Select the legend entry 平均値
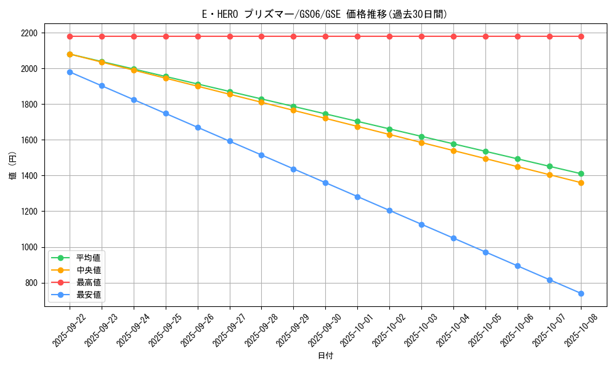88,257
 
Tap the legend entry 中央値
88,269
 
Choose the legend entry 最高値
88,282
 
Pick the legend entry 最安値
88,295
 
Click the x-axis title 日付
325,356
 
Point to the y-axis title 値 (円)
13,166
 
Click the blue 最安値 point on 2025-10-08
581,293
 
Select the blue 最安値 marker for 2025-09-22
70,72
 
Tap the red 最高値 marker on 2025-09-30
325,36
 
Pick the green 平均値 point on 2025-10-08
581,173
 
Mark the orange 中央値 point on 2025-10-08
581,183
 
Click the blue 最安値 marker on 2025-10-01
357,197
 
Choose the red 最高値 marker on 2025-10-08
581,36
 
